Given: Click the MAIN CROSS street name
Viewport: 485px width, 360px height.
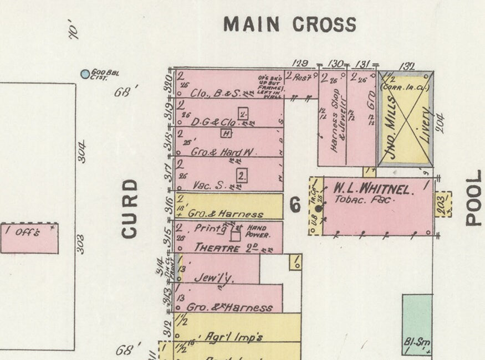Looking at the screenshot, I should point(289,24).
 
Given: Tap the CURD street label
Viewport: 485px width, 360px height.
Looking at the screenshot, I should point(129,208).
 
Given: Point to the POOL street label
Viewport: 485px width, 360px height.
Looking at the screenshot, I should point(474,198).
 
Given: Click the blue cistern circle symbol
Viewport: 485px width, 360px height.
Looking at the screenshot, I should point(85,74).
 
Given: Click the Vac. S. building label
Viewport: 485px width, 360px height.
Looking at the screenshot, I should point(207,186).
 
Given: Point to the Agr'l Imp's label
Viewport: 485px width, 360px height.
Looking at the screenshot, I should point(226,336).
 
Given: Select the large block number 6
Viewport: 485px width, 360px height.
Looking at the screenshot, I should point(295,206).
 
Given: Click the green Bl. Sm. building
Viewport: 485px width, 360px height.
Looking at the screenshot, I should point(417,324).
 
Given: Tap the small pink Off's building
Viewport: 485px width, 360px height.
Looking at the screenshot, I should point(29,238).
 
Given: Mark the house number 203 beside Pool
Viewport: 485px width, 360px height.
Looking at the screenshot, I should point(443,203).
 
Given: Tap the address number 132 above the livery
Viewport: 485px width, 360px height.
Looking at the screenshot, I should point(407,66).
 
